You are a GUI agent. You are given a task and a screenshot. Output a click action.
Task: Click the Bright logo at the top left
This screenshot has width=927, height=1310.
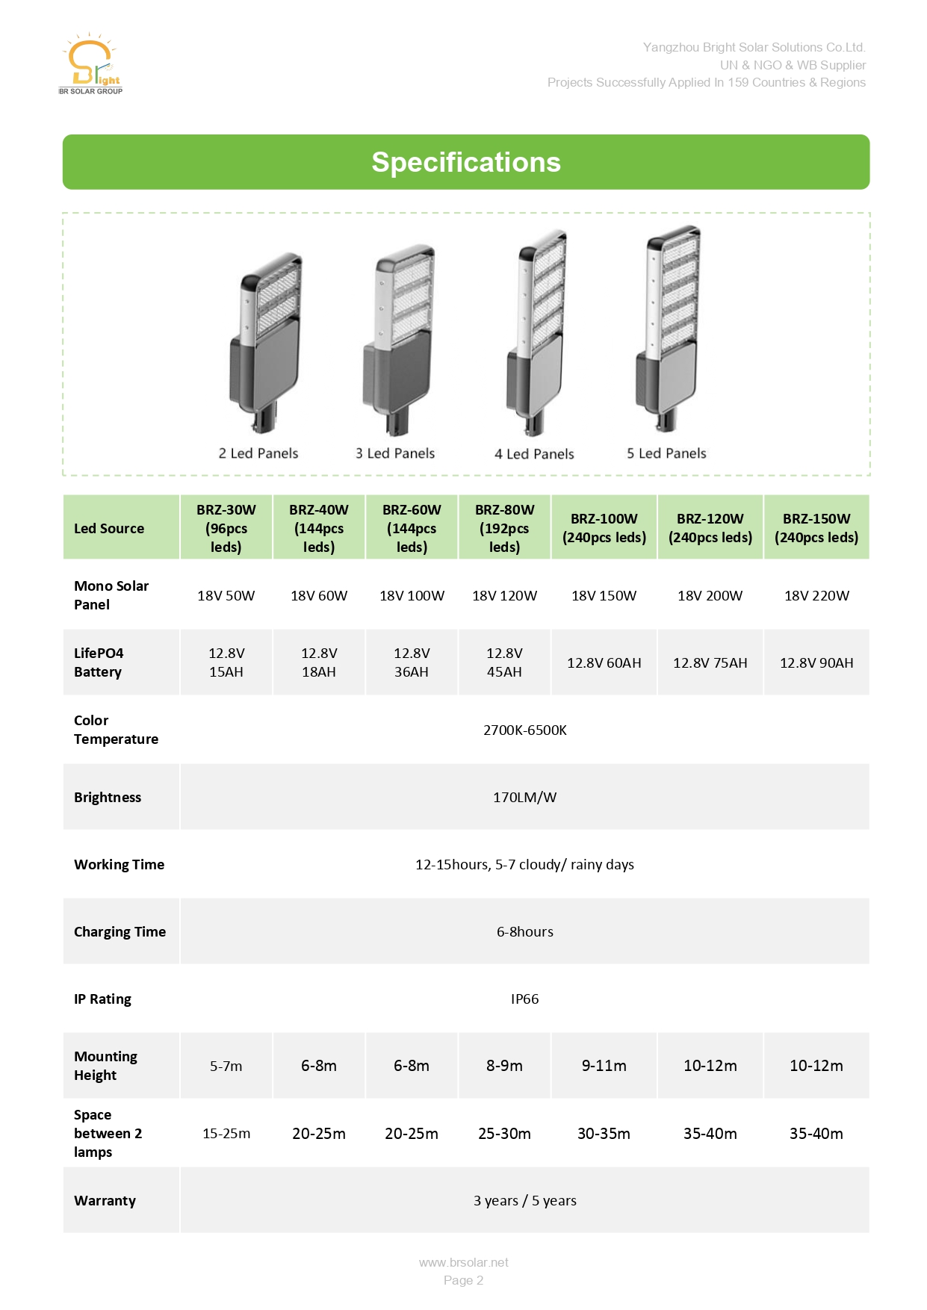(91, 64)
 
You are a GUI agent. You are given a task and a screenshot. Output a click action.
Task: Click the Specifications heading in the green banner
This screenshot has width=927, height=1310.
(466, 162)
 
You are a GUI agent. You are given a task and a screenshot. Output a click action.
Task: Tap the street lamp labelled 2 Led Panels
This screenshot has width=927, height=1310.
(265, 340)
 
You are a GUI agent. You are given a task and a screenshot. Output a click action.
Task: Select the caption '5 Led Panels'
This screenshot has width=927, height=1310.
(666, 453)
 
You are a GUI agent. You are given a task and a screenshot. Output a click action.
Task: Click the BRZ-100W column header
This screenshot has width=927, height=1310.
(604, 527)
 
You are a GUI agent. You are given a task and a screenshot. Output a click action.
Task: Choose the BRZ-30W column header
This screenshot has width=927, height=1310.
(226, 527)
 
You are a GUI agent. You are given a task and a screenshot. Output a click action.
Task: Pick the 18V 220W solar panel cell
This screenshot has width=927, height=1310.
(816, 595)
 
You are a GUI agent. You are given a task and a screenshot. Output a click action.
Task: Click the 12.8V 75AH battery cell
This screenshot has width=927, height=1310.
(710, 662)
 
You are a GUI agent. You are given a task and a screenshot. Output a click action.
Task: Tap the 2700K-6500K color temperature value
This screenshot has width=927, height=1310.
(524, 730)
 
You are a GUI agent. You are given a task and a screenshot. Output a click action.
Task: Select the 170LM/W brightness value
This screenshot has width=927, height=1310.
(524, 797)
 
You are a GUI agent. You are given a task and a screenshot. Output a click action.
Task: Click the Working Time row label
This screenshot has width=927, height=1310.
(119, 864)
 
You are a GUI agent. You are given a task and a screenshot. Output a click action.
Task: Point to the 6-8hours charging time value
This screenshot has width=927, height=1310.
(524, 931)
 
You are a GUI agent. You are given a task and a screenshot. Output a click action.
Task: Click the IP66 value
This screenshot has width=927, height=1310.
(524, 999)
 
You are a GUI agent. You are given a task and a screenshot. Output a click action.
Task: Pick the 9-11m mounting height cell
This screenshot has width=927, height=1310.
(604, 1066)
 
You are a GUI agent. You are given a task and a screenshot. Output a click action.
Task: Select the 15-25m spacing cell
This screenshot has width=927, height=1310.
(226, 1133)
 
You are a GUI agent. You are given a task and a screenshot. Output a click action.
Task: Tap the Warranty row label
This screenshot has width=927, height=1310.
(105, 1200)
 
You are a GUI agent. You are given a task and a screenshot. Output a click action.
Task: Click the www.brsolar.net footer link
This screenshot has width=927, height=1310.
(463, 1262)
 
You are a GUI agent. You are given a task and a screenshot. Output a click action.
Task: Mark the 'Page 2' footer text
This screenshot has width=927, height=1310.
(463, 1280)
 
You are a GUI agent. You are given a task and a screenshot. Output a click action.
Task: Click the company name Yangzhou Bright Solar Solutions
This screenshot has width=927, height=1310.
(754, 47)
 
